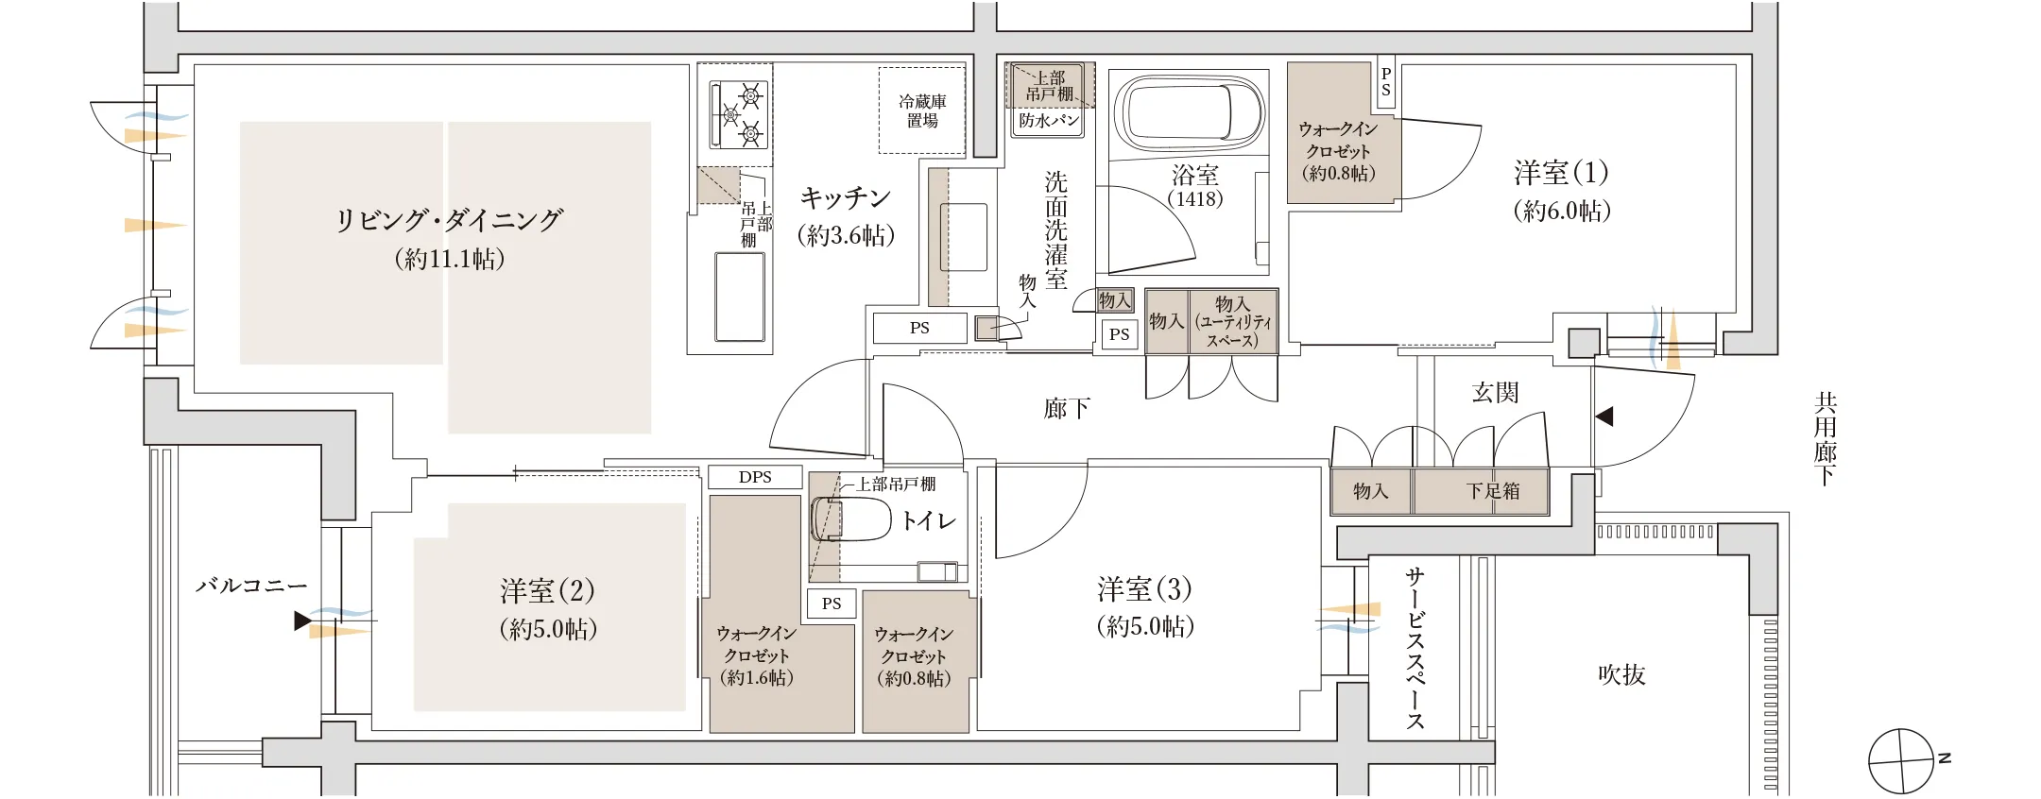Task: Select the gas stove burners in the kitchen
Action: pyautogui.click(x=741, y=114)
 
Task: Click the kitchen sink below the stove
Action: pyautogui.click(x=739, y=297)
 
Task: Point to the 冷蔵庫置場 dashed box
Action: pyautogui.click(x=921, y=110)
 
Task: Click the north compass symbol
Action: pyautogui.click(x=1902, y=761)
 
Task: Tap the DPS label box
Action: pyautogui.click(x=755, y=477)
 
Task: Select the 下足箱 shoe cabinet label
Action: pyautogui.click(x=1493, y=491)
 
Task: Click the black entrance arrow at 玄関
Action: pyautogui.click(x=1604, y=416)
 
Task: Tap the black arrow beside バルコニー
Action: pyautogui.click(x=301, y=620)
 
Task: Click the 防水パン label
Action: pyautogui.click(x=1049, y=121)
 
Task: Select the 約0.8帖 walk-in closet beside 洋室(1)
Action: pyautogui.click(x=1336, y=151)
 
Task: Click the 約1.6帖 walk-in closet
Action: pyautogui.click(x=756, y=655)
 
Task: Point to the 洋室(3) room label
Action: pyautogui.click(x=1144, y=590)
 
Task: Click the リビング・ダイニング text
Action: pyautogui.click(x=450, y=220)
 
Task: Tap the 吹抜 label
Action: pyautogui.click(x=1621, y=674)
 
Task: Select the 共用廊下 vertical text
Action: pyautogui.click(x=1825, y=438)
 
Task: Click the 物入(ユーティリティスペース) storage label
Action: pyautogui.click(x=1232, y=321)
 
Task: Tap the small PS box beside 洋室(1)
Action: pyautogui.click(x=1385, y=82)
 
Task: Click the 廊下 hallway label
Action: pyautogui.click(x=1067, y=408)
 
